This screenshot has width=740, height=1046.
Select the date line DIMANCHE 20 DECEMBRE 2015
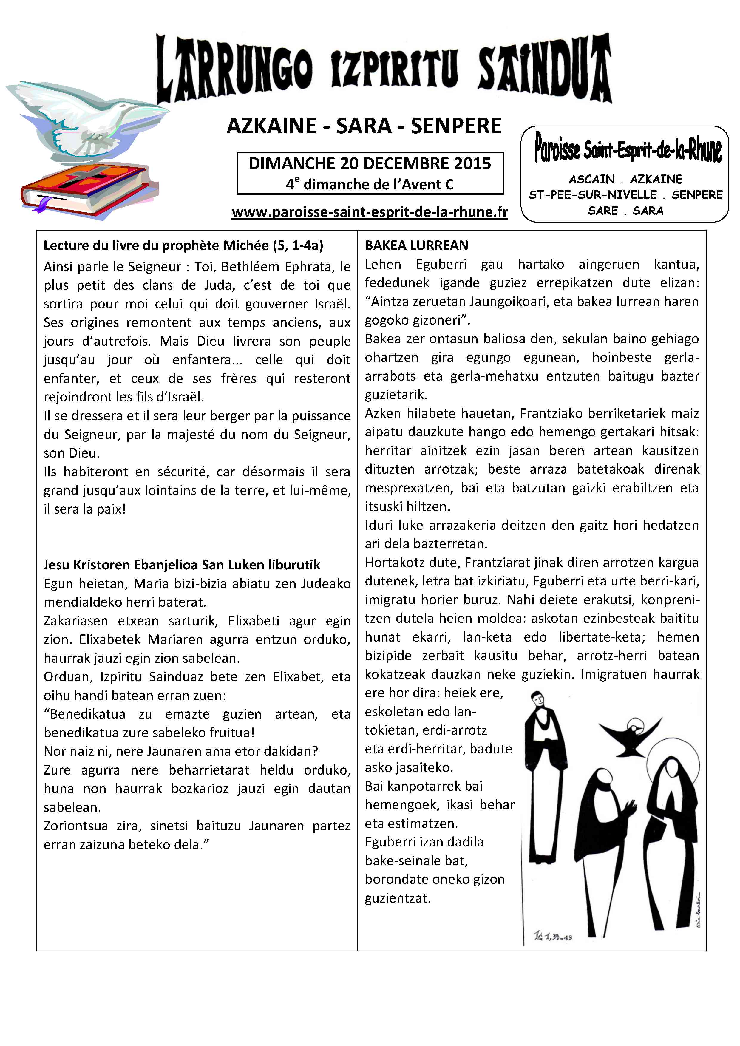click(370, 163)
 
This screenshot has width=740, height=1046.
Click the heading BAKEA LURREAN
click(416, 245)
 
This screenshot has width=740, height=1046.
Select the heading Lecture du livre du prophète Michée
click(183, 245)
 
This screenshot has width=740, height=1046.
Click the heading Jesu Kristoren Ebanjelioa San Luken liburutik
click(182, 565)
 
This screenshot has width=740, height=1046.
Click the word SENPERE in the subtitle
click(456, 126)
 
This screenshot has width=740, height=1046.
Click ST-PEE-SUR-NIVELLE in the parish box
click(593, 195)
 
